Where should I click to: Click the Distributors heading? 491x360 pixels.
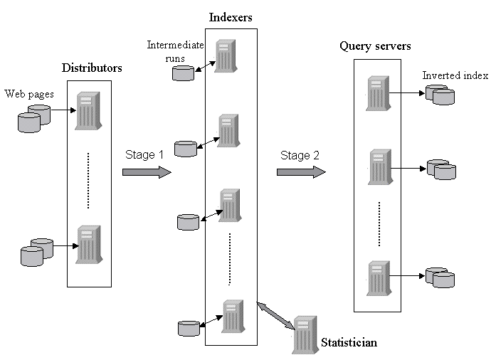(x=92, y=68)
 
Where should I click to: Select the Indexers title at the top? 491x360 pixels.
(x=231, y=16)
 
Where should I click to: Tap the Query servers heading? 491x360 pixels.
(x=375, y=46)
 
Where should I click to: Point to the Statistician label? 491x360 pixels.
(x=349, y=343)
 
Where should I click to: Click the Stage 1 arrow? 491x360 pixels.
(x=147, y=171)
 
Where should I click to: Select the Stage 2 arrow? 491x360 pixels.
(x=301, y=171)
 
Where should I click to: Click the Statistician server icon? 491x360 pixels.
(x=305, y=334)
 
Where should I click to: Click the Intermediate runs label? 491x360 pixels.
(x=175, y=51)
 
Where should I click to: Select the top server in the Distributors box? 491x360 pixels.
(x=89, y=110)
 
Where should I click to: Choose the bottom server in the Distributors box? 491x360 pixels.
(x=89, y=245)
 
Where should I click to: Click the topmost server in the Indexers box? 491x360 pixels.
(x=226, y=56)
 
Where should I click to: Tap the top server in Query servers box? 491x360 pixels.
(x=379, y=93)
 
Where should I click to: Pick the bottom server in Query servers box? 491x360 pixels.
(x=379, y=278)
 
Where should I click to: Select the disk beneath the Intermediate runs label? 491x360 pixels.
(x=184, y=72)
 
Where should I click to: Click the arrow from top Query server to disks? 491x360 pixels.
(x=405, y=92)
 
